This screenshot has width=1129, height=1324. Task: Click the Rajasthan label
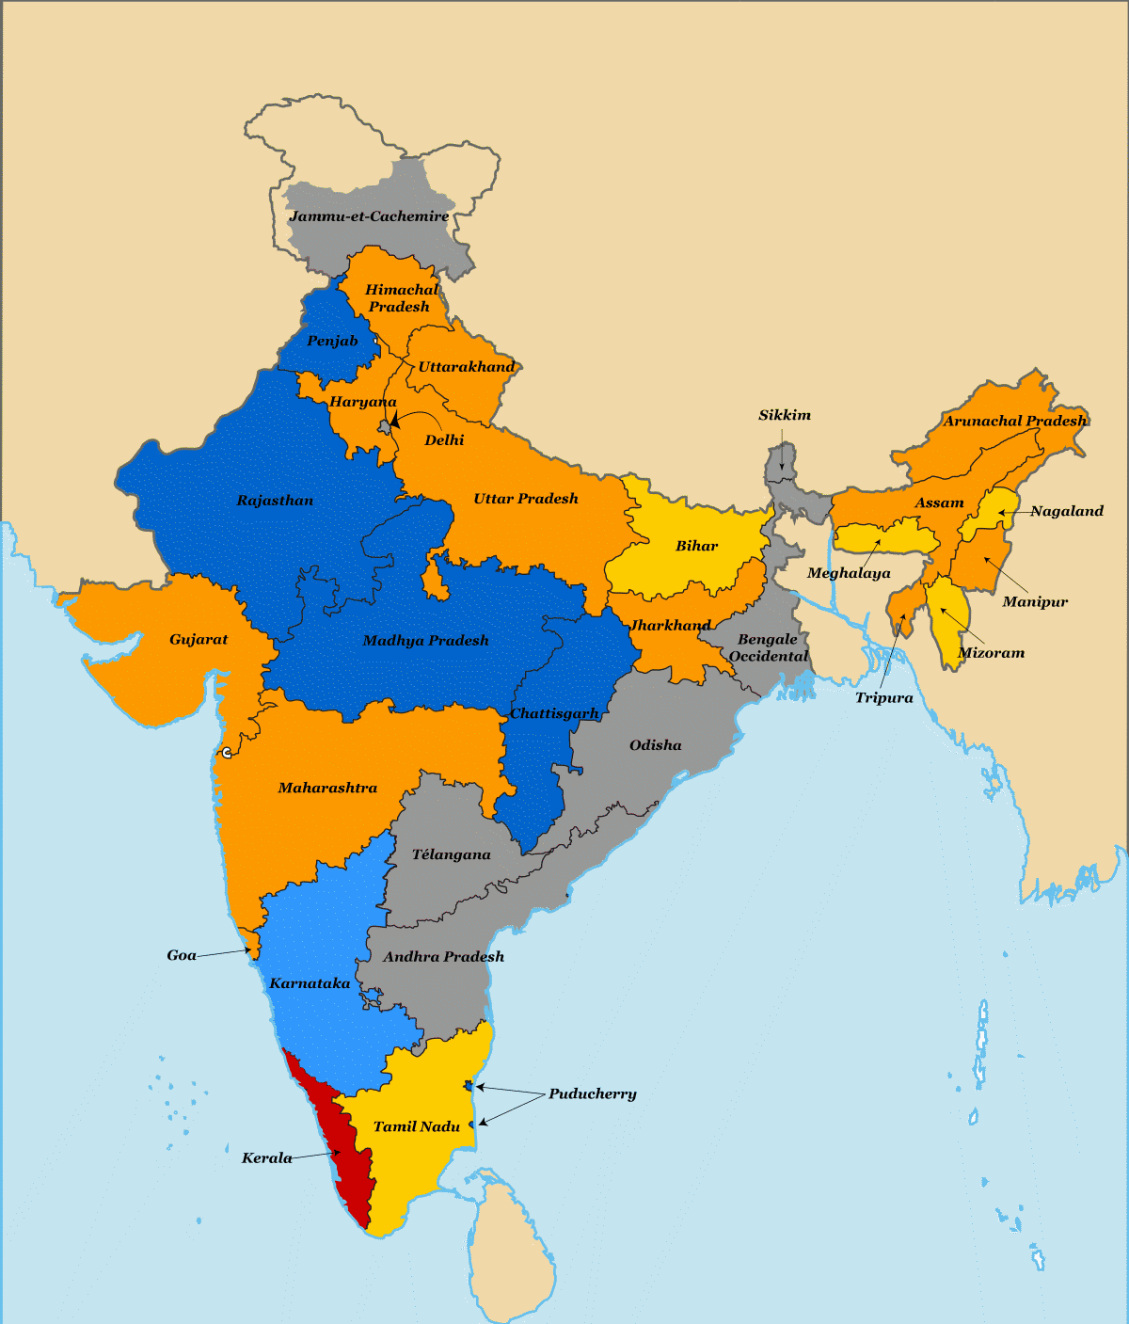pyautogui.click(x=275, y=500)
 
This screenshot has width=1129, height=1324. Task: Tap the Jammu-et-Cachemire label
pyautogui.click(x=369, y=216)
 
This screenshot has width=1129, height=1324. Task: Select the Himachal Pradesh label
pyautogui.click(x=401, y=297)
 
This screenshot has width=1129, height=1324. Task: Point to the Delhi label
pyautogui.click(x=444, y=439)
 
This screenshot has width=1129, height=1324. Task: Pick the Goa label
pyautogui.click(x=182, y=955)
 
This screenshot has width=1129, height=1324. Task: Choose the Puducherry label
pyautogui.click(x=593, y=1093)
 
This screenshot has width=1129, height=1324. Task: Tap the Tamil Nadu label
pyautogui.click(x=417, y=1126)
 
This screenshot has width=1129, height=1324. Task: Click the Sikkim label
pyautogui.click(x=785, y=415)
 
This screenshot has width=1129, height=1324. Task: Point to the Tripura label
pyautogui.click(x=883, y=697)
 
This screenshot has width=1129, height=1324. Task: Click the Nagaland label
pyautogui.click(x=1067, y=511)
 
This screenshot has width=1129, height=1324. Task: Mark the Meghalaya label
pyautogui.click(x=849, y=573)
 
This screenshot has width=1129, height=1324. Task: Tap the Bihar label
pyautogui.click(x=696, y=546)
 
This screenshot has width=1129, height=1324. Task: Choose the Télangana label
pyautogui.click(x=452, y=854)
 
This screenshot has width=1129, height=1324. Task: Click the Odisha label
pyautogui.click(x=656, y=744)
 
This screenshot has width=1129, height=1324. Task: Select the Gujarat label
pyautogui.click(x=199, y=639)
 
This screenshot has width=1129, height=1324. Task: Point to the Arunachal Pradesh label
pyautogui.click(x=1015, y=421)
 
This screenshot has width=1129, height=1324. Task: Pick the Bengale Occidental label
pyautogui.click(x=768, y=647)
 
